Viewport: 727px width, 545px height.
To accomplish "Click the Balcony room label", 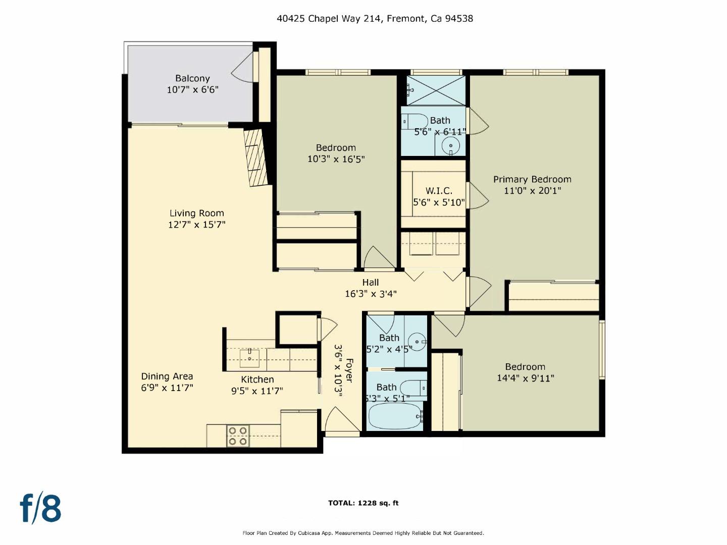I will (192, 78).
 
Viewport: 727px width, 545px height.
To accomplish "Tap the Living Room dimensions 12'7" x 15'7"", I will (196, 225).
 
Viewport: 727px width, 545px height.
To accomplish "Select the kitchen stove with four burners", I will (238, 436).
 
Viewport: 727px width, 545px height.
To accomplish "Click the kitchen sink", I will (249, 358).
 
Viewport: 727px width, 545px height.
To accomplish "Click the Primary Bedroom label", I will (532, 179).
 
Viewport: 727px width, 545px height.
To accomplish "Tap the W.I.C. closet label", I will (439, 191).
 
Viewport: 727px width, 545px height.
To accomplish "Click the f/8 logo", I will (40, 508).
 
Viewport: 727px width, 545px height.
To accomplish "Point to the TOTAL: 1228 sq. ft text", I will (363, 503).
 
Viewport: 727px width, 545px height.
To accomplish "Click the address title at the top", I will (375, 19).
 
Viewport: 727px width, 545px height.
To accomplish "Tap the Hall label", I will (370, 283).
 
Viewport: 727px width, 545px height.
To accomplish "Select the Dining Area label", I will (167, 376).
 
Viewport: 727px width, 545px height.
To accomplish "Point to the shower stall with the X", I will (436, 90).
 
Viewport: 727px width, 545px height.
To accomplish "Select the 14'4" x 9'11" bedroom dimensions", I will (525, 378).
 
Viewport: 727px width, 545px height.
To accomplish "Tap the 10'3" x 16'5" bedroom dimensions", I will (336, 159).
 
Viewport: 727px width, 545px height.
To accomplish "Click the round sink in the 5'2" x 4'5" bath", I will (417, 341).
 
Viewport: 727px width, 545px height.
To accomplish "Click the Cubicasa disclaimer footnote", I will (363, 533).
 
